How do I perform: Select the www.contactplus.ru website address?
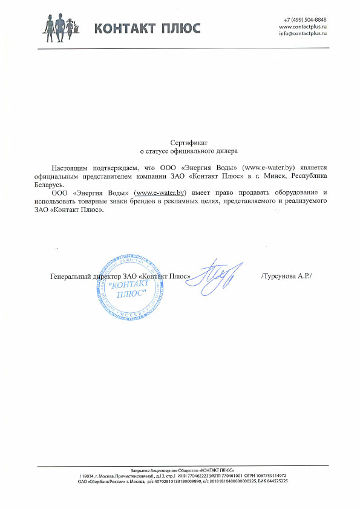pos(303,27)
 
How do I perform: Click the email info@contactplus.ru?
pos(303,34)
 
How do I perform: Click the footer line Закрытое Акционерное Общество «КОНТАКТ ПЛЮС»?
pos(183,470)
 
